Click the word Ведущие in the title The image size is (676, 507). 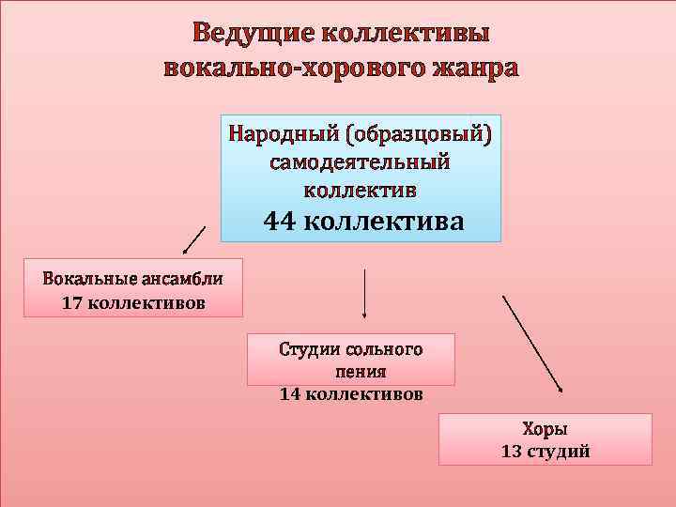pyautogui.click(x=252, y=33)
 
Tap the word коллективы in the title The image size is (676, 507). pyautogui.click(x=406, y=33)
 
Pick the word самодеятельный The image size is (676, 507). pyautogui.click(x=361, y=161)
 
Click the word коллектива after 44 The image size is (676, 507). pyautogui.click(x=385, y=221)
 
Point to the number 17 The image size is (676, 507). pyautogui.click(x=70, y=303)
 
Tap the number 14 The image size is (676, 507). pyautogui.click(x=290, y=394)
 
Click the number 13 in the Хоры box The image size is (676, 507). pyautogui.click(x=513, y=452)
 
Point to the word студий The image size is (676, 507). pyautogui.click(x=561, y=452)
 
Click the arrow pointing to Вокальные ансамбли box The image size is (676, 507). pyautogui.click(x=192, y=240)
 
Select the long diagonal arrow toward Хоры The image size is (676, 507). pyautogui.click(x=532, y=344)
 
